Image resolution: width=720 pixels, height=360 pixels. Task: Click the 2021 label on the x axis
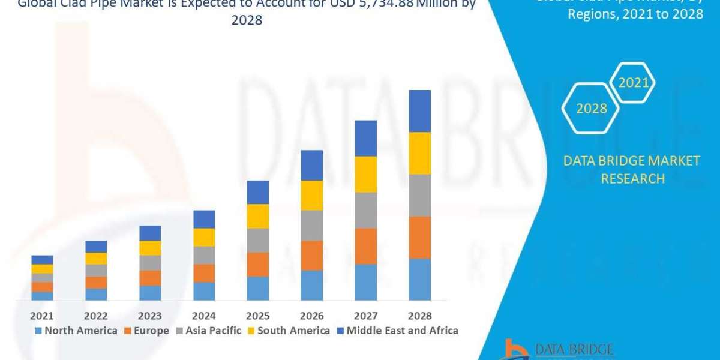(x=42, y=316)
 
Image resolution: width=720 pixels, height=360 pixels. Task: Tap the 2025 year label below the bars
(x=258, y=316)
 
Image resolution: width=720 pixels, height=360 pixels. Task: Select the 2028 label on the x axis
(x=420, y=316)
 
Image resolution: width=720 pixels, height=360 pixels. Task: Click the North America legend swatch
(x=39, y=331)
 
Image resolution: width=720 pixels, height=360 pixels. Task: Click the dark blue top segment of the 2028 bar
(x=420, y=111)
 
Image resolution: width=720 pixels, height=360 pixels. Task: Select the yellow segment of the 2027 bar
(x=366, y=174)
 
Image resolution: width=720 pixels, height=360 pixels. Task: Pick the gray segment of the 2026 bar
(x=312, y=225)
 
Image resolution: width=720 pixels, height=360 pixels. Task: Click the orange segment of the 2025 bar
(x=258, y=264)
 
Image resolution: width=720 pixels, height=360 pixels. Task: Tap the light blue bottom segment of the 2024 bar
(x=204, y=291)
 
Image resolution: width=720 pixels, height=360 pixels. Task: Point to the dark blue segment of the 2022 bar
(x=96, y=246)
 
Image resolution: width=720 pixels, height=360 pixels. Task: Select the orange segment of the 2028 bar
(x=420, y=237)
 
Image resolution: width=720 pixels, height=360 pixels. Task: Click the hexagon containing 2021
(x=633, y=83)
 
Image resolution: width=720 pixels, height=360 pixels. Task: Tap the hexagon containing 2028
(x=591, y=109)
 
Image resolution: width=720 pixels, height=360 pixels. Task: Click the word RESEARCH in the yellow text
(x=632, y=178)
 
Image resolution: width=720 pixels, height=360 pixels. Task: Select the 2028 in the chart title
(x=247, y=20)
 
